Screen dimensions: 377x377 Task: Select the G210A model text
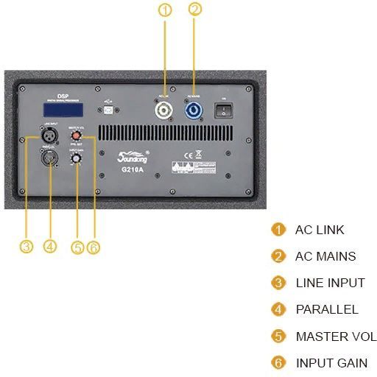pos(131,169)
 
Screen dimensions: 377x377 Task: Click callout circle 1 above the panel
pos(164,10)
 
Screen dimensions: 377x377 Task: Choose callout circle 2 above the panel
pos(194,10)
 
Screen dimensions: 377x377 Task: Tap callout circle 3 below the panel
pos(27,247)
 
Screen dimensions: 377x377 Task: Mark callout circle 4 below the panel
pos(50,247)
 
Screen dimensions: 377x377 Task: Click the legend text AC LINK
pos(320,230)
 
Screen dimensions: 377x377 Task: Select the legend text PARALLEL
pos(327,309)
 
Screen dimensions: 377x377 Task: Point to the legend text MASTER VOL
pos(336,337)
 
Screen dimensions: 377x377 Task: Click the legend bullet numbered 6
pos(278,363)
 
